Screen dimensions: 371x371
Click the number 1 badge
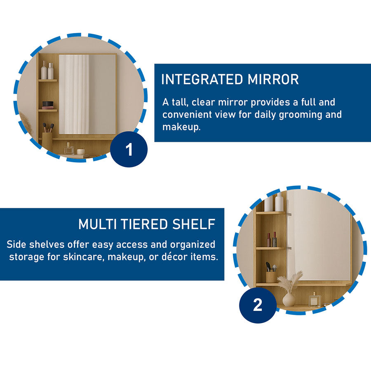coord(129,149)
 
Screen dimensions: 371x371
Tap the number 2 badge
coord(258,305)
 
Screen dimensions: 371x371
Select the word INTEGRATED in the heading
coord(202,79)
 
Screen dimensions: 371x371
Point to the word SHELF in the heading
coord(194,224)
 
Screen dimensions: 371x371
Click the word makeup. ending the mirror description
coord(181,127)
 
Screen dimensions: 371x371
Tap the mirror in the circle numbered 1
coord(87,94)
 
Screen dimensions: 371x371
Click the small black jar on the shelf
coord(47,105)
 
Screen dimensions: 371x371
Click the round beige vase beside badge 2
coord(289,300)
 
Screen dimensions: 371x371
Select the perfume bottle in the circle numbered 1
coord(68,149)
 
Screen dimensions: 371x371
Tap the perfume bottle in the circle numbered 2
coord(315,300)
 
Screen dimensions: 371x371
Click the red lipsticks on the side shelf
coord(272,240)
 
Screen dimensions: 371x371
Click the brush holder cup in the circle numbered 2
coord(271,277)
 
